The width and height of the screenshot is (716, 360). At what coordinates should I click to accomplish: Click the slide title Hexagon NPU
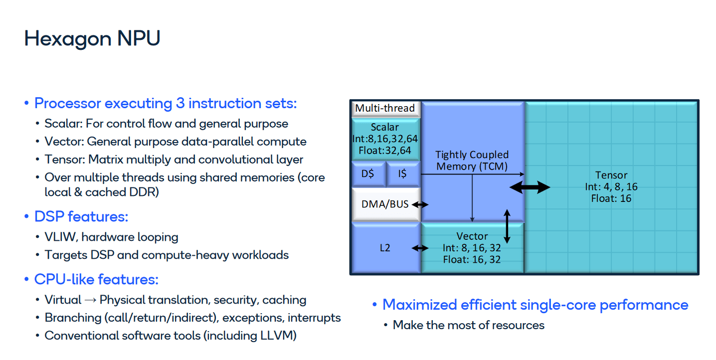point(92,39)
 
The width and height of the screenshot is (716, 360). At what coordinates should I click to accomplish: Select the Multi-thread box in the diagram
point(385,108)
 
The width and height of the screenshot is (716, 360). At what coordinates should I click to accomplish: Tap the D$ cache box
point(368,174)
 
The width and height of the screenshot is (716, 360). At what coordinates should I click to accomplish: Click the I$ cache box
point(402,174)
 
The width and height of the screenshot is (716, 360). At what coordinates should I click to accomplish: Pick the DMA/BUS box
point(385,204)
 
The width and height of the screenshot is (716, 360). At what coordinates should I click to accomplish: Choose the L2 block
point(385,247)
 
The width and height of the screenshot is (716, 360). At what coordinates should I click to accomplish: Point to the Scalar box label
point(385,127)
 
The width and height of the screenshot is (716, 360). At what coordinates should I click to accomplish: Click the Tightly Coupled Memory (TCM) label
point(472,161)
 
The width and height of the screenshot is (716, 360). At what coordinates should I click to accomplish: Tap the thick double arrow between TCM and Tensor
point(530,187)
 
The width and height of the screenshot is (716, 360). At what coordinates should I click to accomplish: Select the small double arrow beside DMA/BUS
point(420,204)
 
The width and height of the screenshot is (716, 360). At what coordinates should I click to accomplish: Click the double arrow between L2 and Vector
point(420,248)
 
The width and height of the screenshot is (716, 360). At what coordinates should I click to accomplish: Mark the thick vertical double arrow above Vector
point(507,227)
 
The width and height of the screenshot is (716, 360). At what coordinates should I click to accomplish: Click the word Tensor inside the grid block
point(611,175)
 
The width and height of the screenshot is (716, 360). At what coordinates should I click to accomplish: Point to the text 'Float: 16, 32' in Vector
point(472,259)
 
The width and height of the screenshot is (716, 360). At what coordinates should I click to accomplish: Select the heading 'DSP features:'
point(81,217)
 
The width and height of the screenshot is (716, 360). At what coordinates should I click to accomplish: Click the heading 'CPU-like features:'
point(96,280)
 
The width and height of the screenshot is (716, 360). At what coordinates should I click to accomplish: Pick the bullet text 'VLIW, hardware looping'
point(111,237)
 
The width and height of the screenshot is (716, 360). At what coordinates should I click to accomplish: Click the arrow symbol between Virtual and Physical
point(90,300)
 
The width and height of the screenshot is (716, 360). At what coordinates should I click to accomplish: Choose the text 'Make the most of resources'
point(469,326)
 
